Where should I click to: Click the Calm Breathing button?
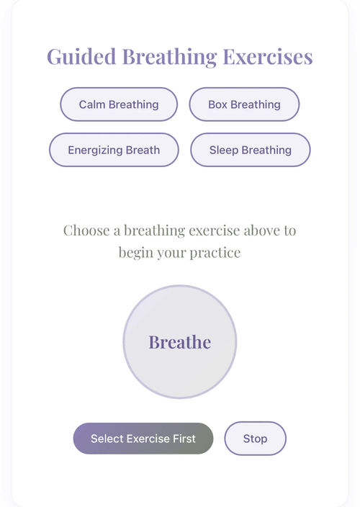pos(119,104)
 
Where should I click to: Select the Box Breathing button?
pos(244,104)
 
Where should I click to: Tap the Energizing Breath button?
pos(114,150)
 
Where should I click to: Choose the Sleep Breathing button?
pos(251,150)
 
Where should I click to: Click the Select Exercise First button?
pos(143,439)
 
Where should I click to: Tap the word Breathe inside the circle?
pos(180,342)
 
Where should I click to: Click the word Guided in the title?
pos(81,58)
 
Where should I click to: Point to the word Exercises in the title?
pos(268,57)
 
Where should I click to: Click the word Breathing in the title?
pos(170,58)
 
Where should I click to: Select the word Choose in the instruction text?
pos(86,230)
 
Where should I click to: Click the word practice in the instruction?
pos(215,253)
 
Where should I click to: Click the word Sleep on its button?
pos(224,151)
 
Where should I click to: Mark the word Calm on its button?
pos(92,104)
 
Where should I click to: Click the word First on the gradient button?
pos(185,439)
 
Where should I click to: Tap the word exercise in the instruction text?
pos(215,230)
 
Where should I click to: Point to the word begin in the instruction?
pos(136,253)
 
